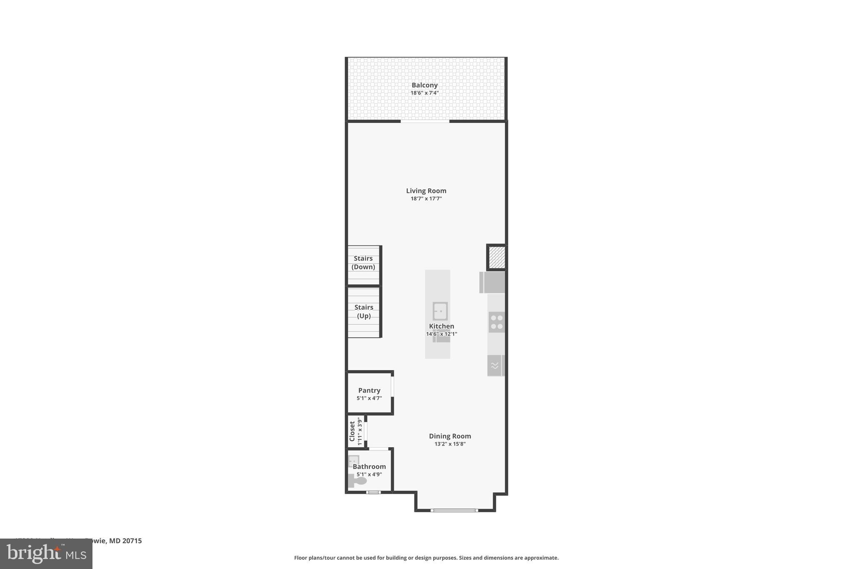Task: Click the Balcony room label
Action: click(x=424, y=85)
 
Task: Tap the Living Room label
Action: click(x=426, y=191)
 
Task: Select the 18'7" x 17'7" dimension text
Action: click(x=426, y=199)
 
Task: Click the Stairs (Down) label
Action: click(x=363, y=263)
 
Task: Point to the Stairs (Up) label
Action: click(x=364, y=311)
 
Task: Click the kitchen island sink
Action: click(x=440, y=311)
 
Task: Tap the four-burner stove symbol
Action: click(x=496, y=322)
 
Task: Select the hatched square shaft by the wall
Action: click(x=496, y=257)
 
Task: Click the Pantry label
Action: click(x=369, y=391)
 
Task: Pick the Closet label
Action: click(x=352, y=431)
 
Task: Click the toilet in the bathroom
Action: click(x=357, y=481)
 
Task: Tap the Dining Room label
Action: click(x=450, y=436)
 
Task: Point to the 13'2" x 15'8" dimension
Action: click(x=450, y=444)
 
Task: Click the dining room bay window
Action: click(x=454, y=510)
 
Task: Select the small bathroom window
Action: click(x=373, y=492)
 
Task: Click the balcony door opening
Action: click(x=425, y=121)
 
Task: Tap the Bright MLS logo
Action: click(x=46, y=554)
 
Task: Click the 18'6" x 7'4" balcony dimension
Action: click(x=424, y=93)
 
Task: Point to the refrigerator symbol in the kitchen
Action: click(x=492, y=282)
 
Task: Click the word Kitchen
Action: click(x=441, y=326)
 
